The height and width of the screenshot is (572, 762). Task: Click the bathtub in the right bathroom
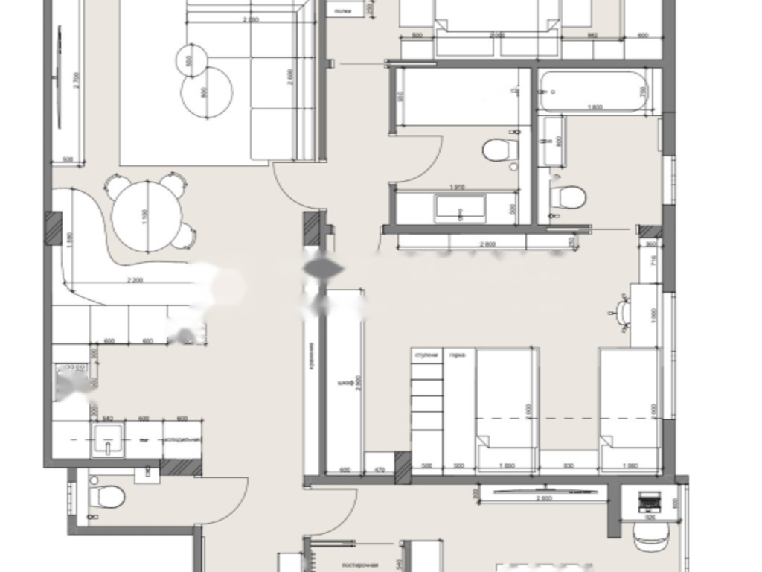click(x=593, y=91)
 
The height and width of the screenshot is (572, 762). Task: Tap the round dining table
click(x=147, y=216)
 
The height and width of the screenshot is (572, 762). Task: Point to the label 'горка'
click(x=457, y=355)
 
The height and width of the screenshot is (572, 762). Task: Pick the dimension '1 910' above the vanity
click(x=456, y=187)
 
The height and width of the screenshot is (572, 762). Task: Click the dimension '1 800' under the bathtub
click(x=594, y=107)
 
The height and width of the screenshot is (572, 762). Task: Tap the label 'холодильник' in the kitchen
click(x=182, y=440)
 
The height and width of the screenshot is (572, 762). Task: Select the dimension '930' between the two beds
click(x=569, y=466)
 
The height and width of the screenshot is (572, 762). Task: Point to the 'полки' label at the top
click(x=343, y=11)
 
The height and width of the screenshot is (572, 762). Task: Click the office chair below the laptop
click(x=646, y=534)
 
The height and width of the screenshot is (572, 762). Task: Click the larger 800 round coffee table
click(x=206, y=92)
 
